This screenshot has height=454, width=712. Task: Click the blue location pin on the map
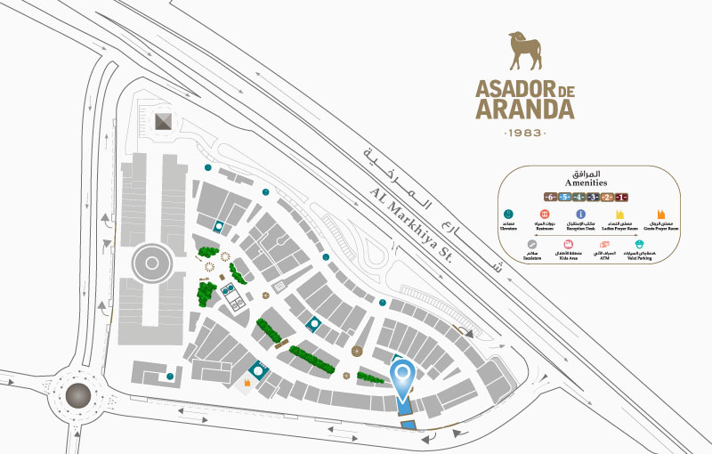[x=402, y=377]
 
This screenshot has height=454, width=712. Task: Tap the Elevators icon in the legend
[x=508, y=215]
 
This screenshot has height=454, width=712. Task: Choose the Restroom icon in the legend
[x=544, y=215]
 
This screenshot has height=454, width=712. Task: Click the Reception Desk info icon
[x=580, y=215]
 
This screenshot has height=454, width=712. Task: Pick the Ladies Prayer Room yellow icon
[x=619, y=215]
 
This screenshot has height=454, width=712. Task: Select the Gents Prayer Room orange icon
[x=660, y=215]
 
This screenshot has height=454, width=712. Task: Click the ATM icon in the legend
[x=603, y=245]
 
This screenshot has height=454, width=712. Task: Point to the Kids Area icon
[x=567, y=245]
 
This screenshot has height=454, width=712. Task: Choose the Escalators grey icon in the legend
[x=531, y=245]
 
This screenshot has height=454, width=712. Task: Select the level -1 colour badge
[x=621, y=197]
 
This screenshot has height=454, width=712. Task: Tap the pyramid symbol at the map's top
[x=162, y=122]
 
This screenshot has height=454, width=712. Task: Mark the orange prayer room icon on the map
[x=247, y=384]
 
